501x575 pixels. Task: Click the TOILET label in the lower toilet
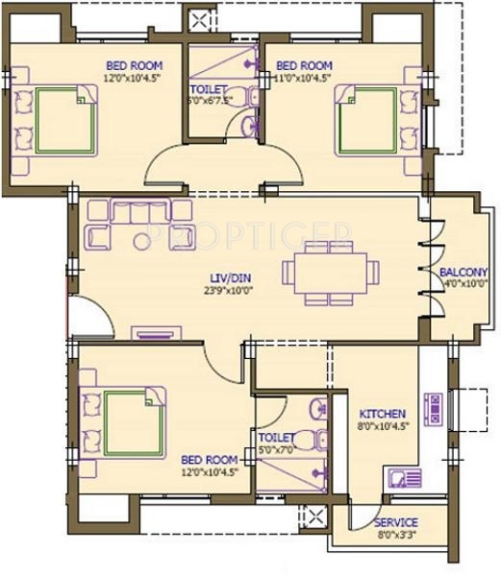click(x=274, y=437)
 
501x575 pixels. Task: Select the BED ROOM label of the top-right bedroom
click(x=303, y=65)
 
